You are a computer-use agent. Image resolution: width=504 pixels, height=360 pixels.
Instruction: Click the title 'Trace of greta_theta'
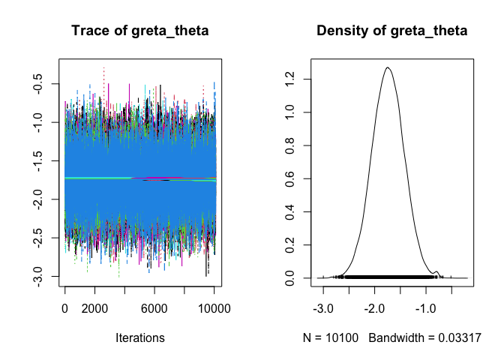[139, 31]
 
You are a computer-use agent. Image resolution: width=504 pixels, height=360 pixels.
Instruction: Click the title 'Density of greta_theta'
[392, 31]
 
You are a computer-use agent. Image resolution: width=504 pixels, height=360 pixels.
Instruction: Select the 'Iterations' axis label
[139, 338]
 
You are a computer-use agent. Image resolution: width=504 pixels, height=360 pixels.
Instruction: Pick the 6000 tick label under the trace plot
[154, 307]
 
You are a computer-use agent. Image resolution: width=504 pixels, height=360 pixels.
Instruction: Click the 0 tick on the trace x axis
[65, 307]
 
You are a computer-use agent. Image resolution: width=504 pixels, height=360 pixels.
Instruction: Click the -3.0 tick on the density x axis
[323, 307]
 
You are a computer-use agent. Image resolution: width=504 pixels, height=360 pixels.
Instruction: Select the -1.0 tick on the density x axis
[426, 307]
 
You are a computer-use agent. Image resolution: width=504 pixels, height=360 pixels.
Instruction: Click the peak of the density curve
[388, 67]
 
